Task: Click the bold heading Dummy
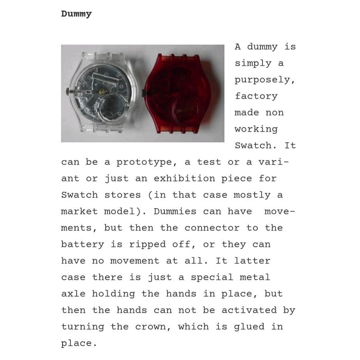(76, 14)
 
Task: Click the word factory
(256, 96)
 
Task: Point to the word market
(79, 212)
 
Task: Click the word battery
(83, 244)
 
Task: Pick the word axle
(73, 294)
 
